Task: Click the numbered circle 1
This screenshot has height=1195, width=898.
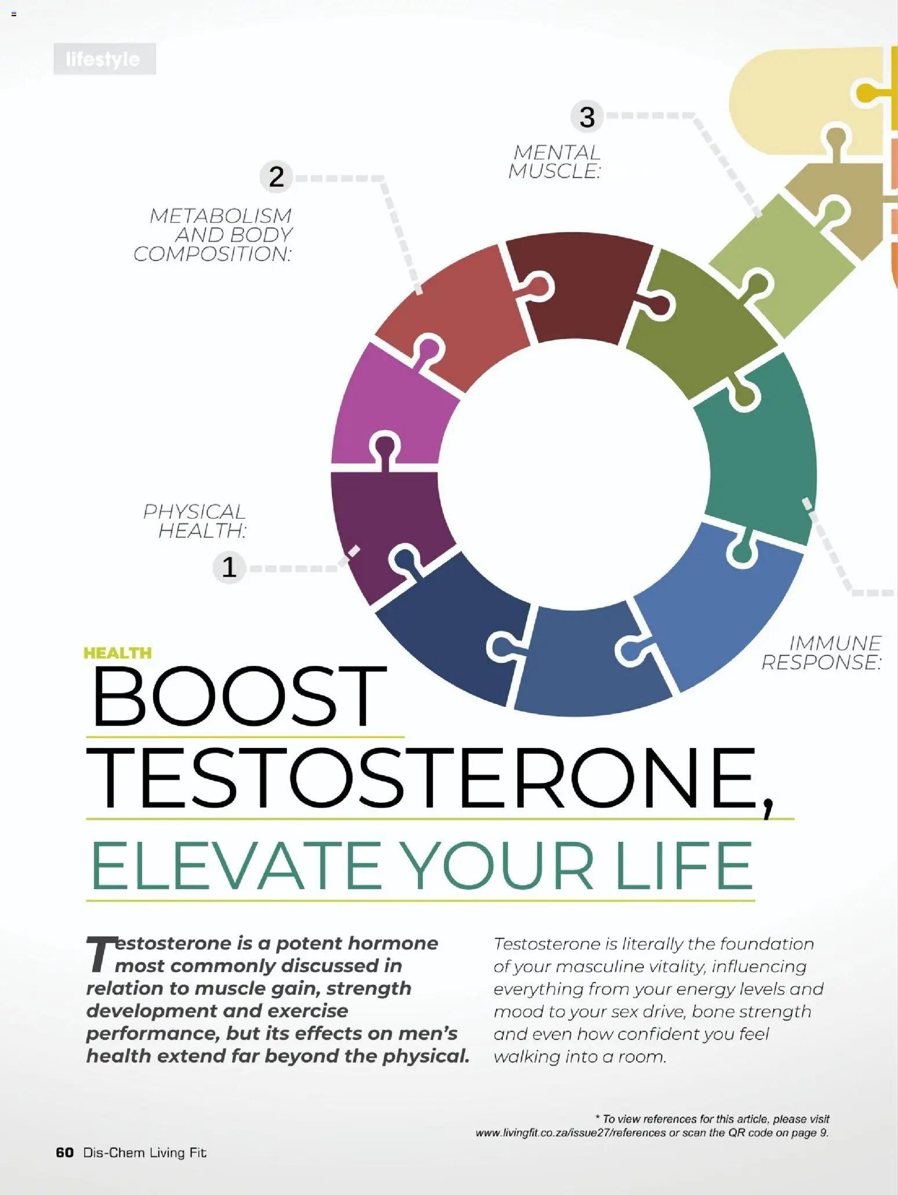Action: pyautogui.click(x=229, y=567)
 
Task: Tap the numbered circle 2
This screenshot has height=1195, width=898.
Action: pyautogui.click(x=276, y=177)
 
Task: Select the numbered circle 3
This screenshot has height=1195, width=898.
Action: pyautogui.click(x=587, y=117)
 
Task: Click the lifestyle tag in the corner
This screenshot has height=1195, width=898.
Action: pyautogui.click(x=104, y=59)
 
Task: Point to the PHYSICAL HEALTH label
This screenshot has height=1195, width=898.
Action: pyautogui.click(x=195, y=521)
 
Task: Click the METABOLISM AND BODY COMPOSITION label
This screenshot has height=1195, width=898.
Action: pyautogui.click(x=213, y=234)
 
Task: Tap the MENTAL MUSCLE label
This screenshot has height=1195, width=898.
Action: pyautogui.click(x=554, y=162)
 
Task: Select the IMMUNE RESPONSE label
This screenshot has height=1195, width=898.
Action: pyautogui.click(x=822, y=653)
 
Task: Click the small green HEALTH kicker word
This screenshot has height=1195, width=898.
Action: pyautogui.click(x=118, y=653)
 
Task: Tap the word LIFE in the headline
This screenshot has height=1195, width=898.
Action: pyautogui.click(x=684, y=866)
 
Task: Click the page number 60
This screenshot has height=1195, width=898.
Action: pyautogui.click(x=65, y=1152)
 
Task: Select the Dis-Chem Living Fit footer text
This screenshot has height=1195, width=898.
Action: pyautogui.click(x=145, y=1152)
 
